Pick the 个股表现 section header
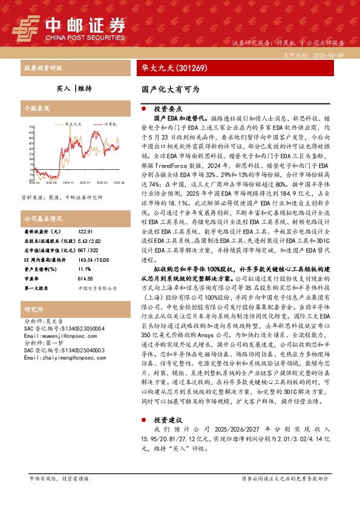(36, 108)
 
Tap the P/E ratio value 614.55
(87, 279)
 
